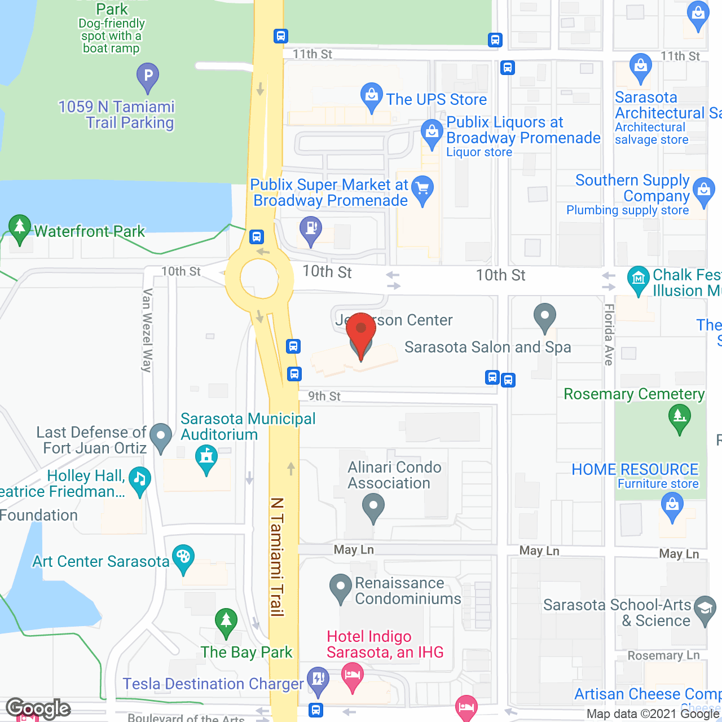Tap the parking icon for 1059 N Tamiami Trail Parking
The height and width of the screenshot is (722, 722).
148,76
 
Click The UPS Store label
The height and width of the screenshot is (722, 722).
436,100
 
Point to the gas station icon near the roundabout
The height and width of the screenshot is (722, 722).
310,229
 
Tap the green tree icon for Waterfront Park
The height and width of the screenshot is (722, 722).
20,228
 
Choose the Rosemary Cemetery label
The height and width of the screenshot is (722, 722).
634,394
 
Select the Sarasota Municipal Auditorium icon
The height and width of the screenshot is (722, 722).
206,457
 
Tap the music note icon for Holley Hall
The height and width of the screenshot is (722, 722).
139,480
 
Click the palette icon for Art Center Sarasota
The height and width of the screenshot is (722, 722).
183,557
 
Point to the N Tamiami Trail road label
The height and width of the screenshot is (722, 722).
276,556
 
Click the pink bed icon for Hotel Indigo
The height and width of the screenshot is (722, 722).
353,675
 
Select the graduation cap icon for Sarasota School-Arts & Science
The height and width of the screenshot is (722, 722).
705,609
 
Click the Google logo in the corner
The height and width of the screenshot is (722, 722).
38,708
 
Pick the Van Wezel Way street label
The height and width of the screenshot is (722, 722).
147,331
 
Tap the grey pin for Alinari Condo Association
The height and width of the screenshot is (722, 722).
373,506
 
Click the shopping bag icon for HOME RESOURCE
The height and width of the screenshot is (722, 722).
672,504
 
